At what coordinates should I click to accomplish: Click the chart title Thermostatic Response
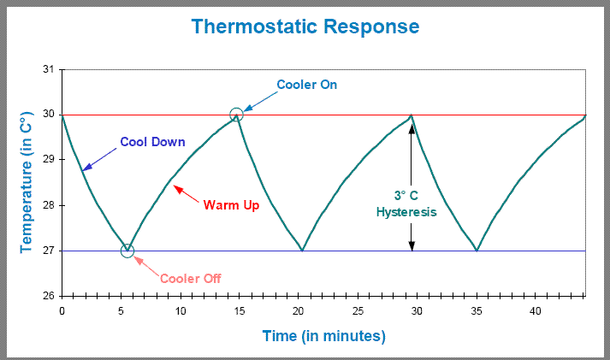pyautogui.click(x=305, y=27)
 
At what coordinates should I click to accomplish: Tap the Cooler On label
pyautogui.click(x=306, y=85)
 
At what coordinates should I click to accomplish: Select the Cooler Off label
pyautogui.click(x=191, y=279)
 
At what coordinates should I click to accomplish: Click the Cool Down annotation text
pyautogui.click(x=152, y=142)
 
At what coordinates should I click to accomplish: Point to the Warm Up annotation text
pyautogui.click(x=231, y=205)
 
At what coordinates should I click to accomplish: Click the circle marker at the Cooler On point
pyautogui.click(x=236, y=109)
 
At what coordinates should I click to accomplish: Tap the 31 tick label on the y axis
pyautogui.click(x=48, y=69)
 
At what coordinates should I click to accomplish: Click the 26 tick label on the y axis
pyautogui.click(x=48, y=296)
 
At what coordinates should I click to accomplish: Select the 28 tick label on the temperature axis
pyautogui.click(x=48, y=205)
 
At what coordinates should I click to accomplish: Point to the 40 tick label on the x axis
pyautogui.click(x=536, y=311)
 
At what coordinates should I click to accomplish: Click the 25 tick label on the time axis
pyautogui.click(x=358, y=311)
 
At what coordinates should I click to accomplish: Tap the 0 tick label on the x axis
pyautogui.click(x=62, y=311)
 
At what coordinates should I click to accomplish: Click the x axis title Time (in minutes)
pyautogui.click(x=324, y=335)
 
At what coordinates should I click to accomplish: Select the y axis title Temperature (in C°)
pyautogui.click(x=26, y=182)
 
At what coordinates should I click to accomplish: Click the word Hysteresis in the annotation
pyautogui.click(x=406, y=212)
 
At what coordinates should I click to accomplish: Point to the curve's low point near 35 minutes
pyautogui.click(x=477, y=250)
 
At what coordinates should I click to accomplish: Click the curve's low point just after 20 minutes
pyautogui.click(x=302, y=250)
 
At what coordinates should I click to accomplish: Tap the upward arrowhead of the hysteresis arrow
pyautogui.click(x=412, y=127)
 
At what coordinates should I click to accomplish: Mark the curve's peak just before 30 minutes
pyautogui.click(x=412, y=115)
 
